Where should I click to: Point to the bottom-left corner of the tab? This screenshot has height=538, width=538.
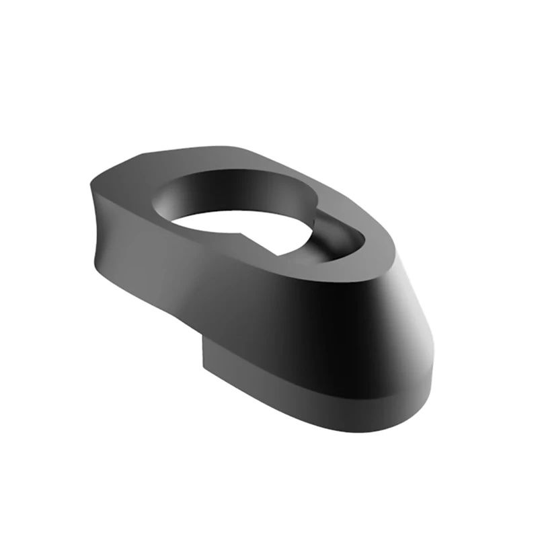[204, 367]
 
